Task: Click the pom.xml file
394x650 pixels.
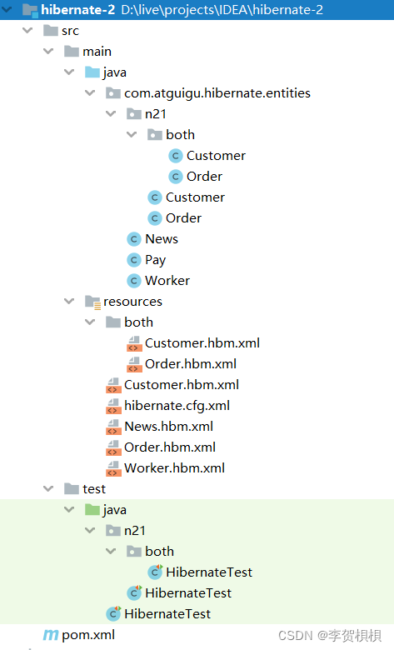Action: [88, 635]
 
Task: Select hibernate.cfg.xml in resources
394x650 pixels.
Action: [177, 406]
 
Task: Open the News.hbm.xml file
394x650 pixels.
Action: [168, 426]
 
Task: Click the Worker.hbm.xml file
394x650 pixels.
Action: [174, 468]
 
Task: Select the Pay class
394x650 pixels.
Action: [156, 260]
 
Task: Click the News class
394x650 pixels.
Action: [162, 239]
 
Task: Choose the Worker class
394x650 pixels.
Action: [167, 281]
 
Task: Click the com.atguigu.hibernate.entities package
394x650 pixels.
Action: [217, 93]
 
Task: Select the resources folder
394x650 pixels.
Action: [132, 302]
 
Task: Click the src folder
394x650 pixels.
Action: [70, 31]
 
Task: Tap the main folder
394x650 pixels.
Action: [97, 52]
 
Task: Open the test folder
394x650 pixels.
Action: [94, 489]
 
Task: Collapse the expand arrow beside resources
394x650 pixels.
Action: [69, 301]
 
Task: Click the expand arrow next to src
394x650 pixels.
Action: [27, 30]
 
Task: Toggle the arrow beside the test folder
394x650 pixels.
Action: [48, 488]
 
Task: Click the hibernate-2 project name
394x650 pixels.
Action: [78, 9]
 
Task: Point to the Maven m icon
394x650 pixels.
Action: [51, 635]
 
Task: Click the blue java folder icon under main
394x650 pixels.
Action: [92, 72]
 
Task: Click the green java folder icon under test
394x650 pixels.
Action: [92, 510]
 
